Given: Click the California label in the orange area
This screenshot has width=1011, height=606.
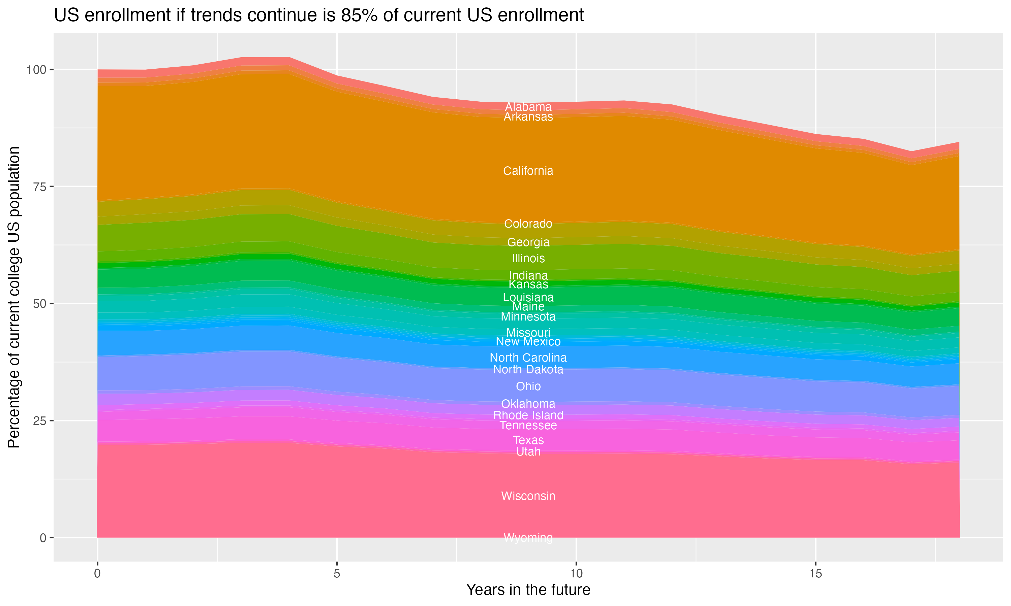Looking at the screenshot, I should pos(528,171).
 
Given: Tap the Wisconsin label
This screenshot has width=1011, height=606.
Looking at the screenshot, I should pos(528,496).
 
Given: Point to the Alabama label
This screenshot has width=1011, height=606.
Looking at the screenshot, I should pos(528,107).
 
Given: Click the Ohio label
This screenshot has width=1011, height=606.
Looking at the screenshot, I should pos(528,386).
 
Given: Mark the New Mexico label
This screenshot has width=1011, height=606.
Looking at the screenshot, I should pos(528,341).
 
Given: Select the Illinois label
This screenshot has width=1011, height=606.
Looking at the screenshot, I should pos(528,258).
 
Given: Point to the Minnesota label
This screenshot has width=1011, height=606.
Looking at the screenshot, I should pos(528,316).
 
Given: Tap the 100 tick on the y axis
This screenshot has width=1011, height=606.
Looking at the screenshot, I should pos(35,69).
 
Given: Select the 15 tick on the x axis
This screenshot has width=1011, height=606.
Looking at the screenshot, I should pos(815,574).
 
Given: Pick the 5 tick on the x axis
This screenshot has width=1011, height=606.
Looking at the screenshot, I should pos(337,574).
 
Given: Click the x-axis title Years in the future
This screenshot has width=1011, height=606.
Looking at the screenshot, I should pos(528,590).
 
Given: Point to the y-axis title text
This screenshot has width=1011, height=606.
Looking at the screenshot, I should pos(14,297).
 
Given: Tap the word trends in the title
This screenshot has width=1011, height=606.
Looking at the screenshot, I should pos(215,15).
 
